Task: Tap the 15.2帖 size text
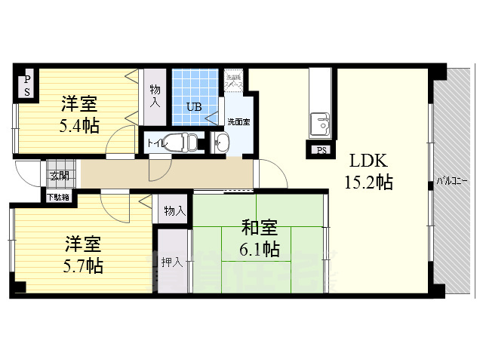369,182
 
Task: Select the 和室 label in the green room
260,226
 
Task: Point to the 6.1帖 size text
260,248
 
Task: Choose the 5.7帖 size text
83,265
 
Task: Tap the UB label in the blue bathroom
194,107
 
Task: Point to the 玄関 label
58,176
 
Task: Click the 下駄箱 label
58,197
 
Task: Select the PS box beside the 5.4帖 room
26,85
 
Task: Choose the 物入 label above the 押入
174,210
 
